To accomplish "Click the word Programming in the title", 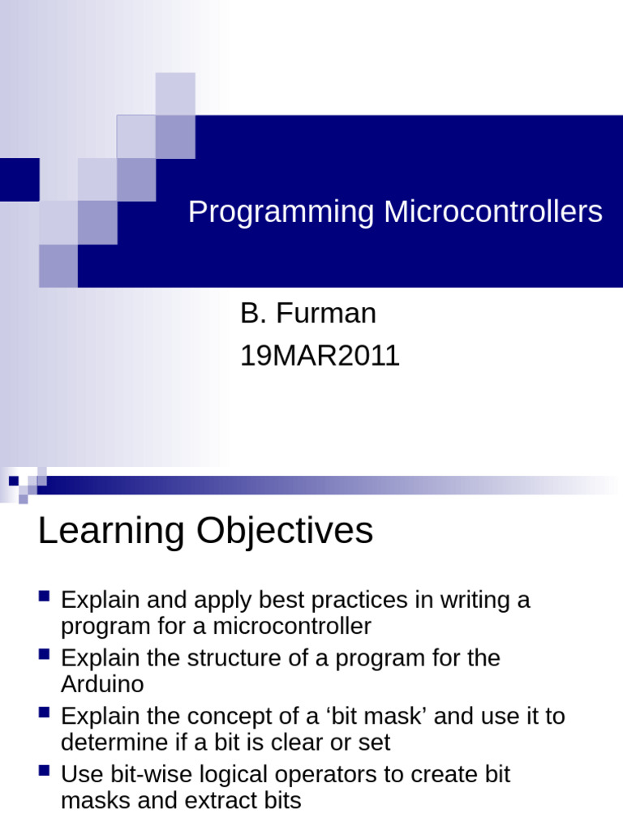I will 281,212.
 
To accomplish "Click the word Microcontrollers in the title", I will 493,212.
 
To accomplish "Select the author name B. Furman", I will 308,314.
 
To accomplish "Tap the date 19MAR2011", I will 320,356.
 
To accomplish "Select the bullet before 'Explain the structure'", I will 45,654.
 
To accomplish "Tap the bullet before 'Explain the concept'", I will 45,712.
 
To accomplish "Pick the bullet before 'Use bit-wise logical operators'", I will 45,771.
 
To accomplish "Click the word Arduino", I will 102,684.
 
